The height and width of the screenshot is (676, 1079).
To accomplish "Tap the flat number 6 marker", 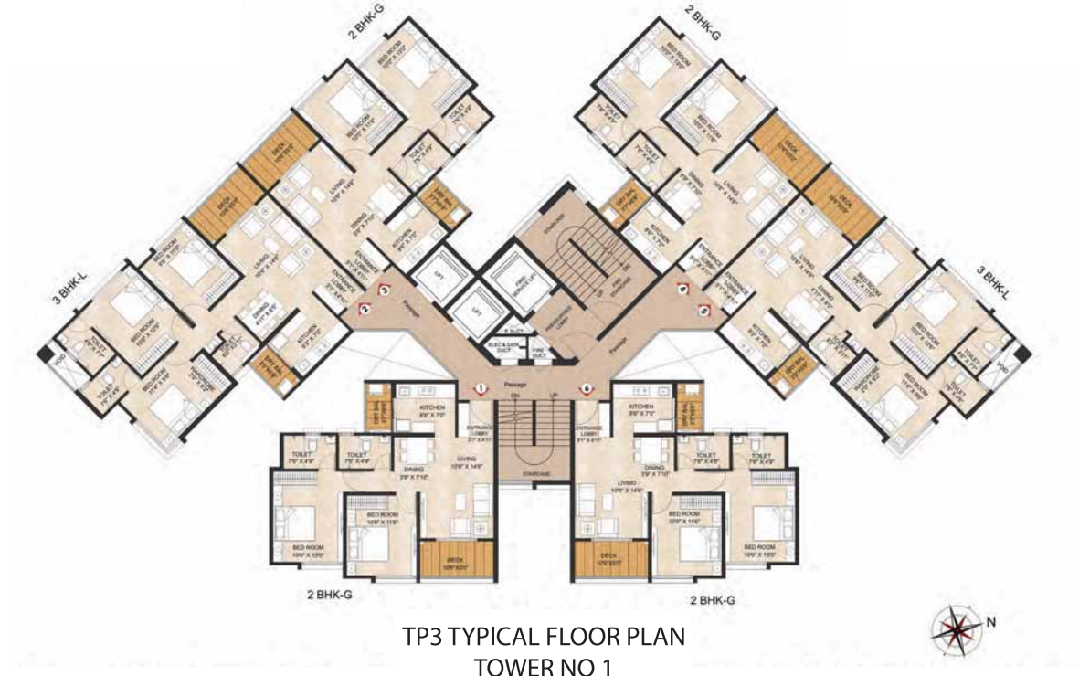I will pos(586,388).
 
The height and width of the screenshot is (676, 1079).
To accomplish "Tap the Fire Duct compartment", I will pos(539,347).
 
